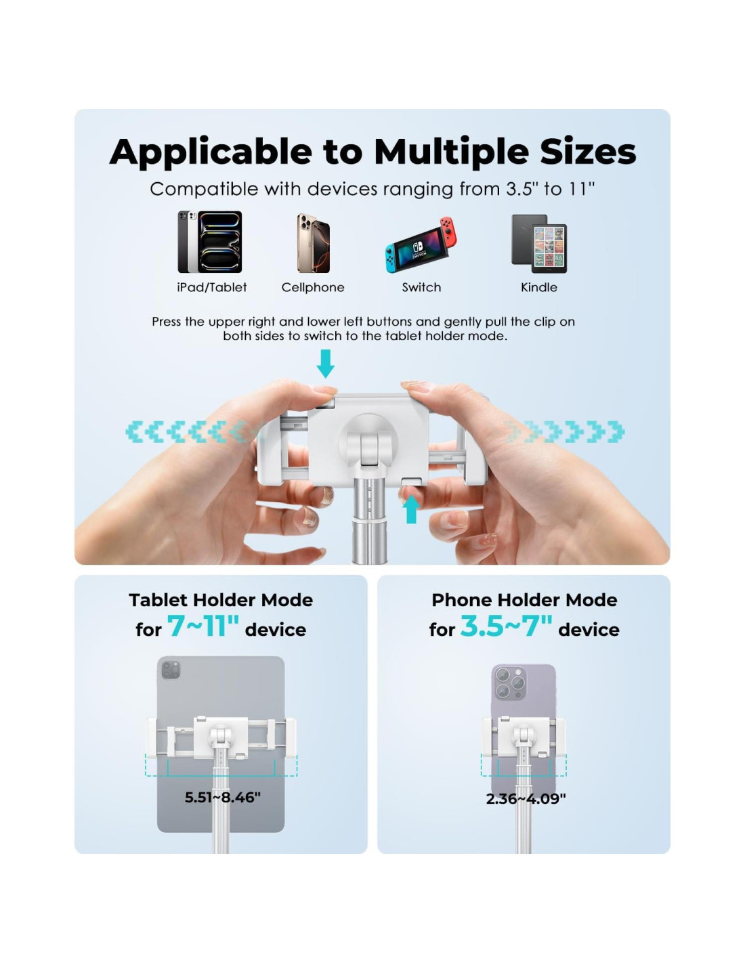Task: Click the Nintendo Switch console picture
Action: coord(420,245)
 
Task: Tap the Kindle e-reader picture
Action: coord(539,243)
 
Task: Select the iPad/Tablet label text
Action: coord(211,288)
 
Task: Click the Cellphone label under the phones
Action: coord(312,288)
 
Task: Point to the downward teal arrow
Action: coord(325,364)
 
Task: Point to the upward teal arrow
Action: coord(411,509)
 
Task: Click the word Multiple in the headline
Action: coord(451,152)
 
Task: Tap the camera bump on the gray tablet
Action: coord(171,670)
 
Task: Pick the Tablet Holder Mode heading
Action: coord(221,600)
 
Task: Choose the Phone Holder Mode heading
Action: coord(524,600)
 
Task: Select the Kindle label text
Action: coord(539,288)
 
